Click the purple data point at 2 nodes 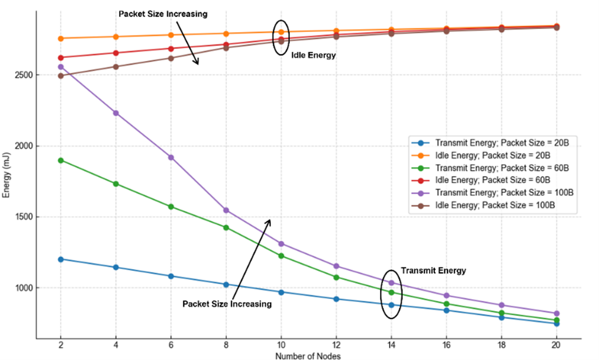60,67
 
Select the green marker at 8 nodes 226,227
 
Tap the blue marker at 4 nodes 116,267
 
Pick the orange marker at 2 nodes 60,38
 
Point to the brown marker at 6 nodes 171,58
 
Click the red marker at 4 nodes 116,53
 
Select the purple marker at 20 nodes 557,313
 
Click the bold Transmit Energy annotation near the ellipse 433,271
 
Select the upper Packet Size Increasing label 163,14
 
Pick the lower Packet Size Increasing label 227,304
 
